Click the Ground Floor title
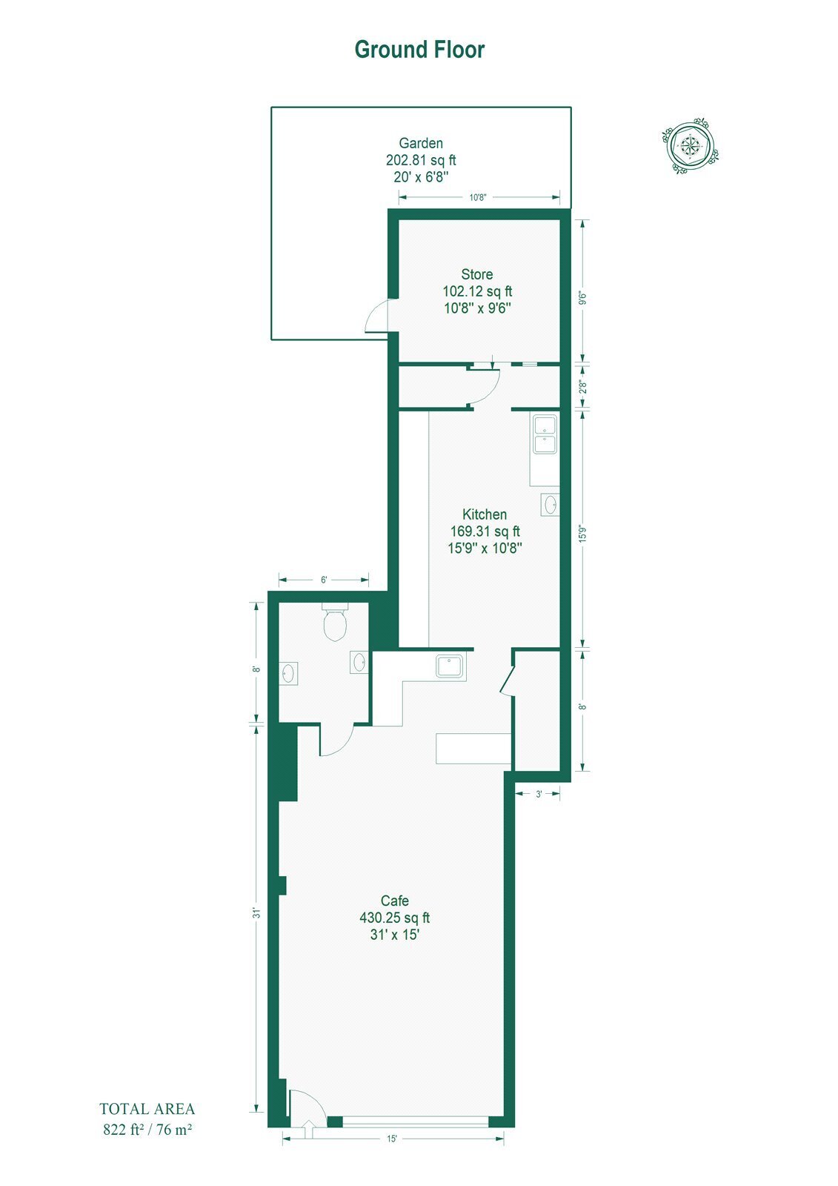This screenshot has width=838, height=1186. pyautogui.click(x=419, y=50)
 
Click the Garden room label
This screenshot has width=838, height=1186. pyautogui.click(x=421, y=143)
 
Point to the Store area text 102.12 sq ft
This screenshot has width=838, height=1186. pyautogui.click(x=477, y=291)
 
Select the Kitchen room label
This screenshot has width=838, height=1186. pyautogui.click(x=485, y=514)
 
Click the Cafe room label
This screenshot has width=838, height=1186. pyautogui.click(x=395, y=901)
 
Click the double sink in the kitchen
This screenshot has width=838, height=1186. pyautogui.click(x=544, y=434)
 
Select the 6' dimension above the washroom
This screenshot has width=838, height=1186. pyautogui.click(x=324, y=580)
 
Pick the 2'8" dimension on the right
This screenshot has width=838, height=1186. pyautogui.click(x=582, y=386)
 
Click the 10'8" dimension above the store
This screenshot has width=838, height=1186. pyautogui.click(x=477, y=197)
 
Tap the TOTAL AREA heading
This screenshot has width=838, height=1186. pyautogui.click(x=147, y=1109)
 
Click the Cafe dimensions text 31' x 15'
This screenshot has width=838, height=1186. pyautogui.click(x=395, y=935)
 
